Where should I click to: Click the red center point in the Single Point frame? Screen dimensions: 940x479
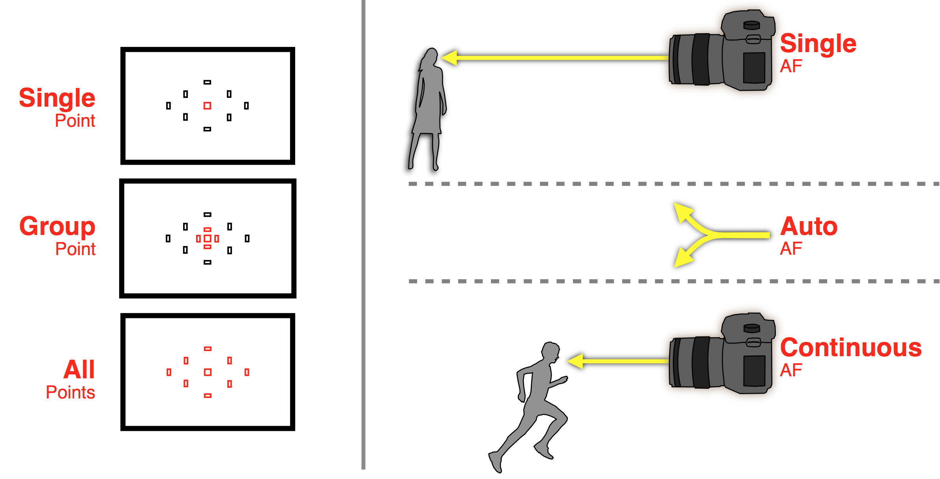207,105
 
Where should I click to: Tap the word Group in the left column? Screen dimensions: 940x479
57,227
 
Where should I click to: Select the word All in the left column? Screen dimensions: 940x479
79,369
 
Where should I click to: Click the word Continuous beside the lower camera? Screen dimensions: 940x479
851,348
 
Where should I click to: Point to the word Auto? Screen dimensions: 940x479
809,226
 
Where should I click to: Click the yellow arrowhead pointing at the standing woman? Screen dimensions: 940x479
449,58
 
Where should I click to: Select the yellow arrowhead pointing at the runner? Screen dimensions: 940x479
575,361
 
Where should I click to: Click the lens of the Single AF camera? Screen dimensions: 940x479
697,59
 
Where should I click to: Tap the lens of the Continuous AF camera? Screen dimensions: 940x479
697,363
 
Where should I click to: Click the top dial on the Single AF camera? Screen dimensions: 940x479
751,25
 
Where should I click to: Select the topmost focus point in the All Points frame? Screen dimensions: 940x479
208,349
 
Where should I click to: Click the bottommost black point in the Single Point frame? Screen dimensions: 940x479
207,129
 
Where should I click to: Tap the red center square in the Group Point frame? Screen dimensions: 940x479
207,239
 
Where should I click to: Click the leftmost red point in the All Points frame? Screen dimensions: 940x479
169,372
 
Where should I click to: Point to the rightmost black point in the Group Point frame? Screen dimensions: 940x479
247,239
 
